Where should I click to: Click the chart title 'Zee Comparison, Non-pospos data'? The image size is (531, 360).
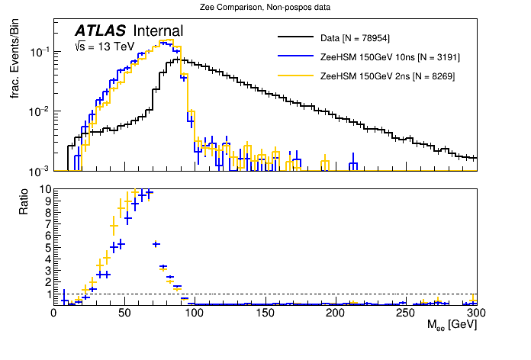click(x=265, y=8)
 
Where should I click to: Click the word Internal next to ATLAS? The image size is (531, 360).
click(x=158, y=31)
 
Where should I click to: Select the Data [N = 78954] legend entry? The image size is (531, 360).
click(x=356, y=37)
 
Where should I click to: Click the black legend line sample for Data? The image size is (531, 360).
click(x=297, y=37)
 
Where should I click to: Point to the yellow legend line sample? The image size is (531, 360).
click(x=297, y=76)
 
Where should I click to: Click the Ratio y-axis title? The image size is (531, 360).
click(x=23, y=200)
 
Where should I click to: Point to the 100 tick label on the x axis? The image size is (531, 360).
click(x=194, y=313)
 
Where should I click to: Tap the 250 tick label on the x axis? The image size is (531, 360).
click(x=406, y=313)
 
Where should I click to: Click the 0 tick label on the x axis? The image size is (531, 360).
click(x=53, y=313)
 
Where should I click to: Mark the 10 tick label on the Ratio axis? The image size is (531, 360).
click(x=45, y=189)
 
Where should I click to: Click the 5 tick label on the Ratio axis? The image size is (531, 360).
click(x=47, y=247)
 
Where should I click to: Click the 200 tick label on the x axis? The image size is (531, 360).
click(x=335, y=313)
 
